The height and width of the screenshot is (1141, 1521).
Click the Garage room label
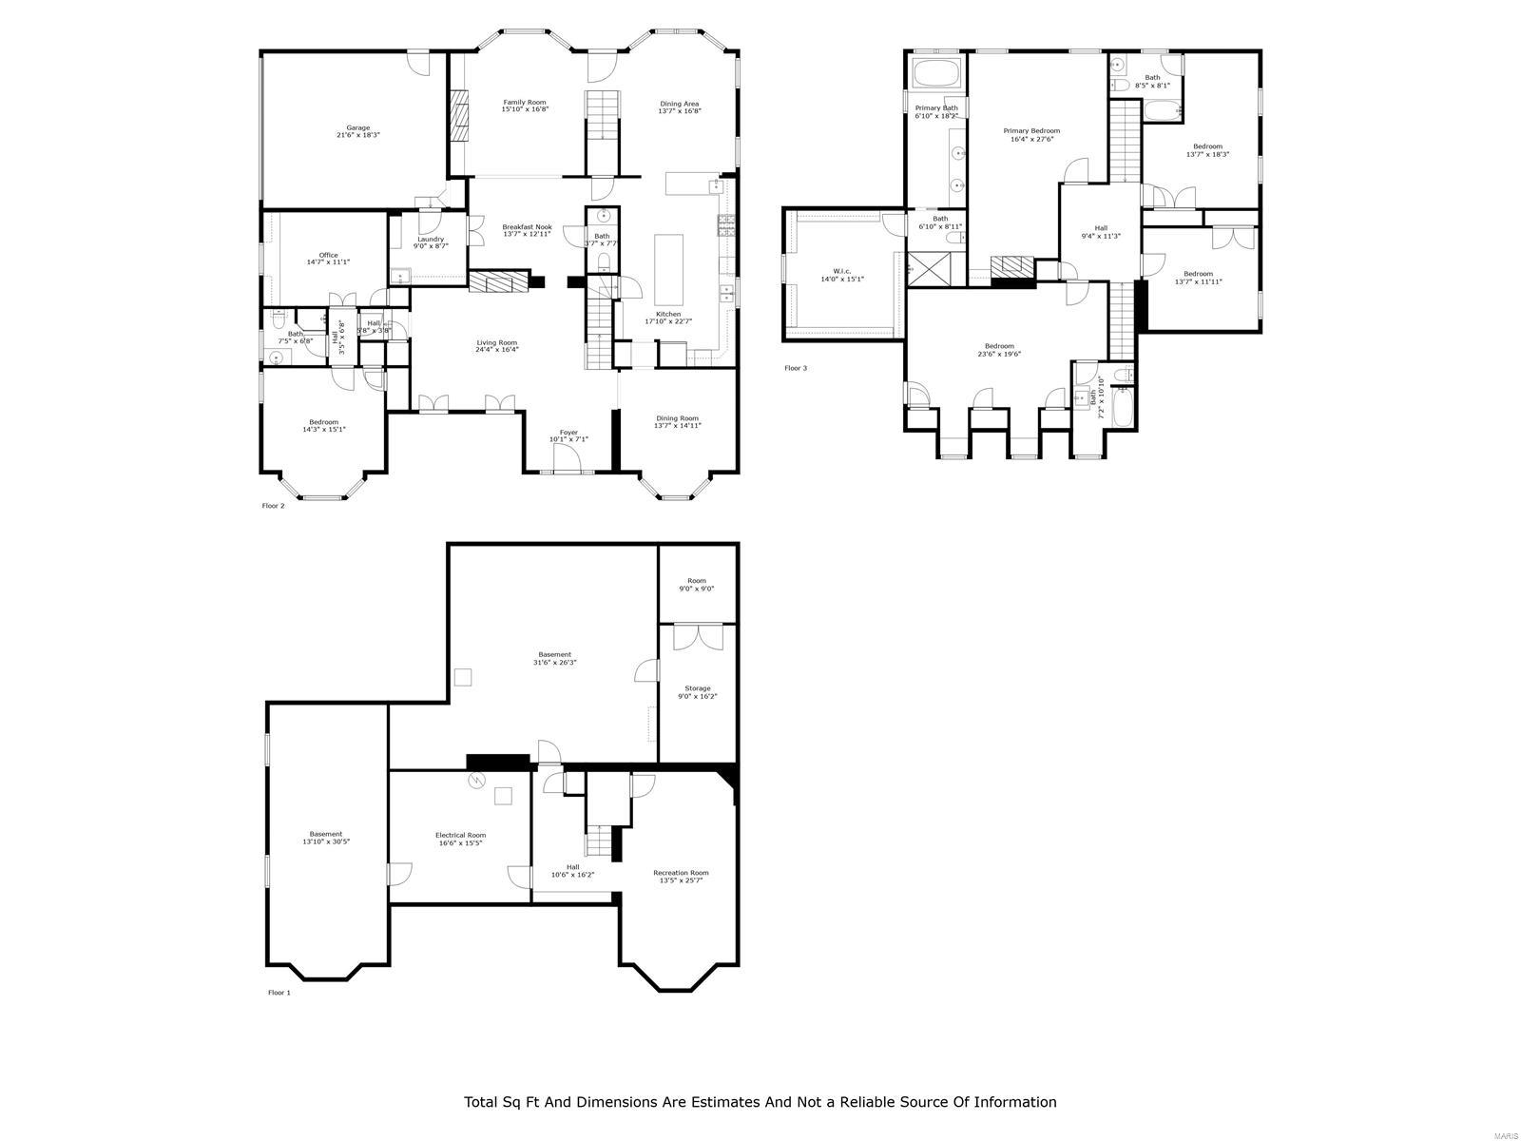357,127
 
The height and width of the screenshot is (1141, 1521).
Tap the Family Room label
525,102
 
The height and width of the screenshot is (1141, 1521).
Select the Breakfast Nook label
527,227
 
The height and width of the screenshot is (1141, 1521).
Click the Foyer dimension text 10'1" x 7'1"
568,439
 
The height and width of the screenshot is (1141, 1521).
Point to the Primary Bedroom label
1031,131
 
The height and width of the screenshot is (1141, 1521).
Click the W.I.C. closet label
841,271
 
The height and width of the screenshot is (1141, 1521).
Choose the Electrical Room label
460,835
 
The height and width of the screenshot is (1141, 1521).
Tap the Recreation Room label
681,873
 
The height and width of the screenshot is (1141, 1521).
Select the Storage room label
698,688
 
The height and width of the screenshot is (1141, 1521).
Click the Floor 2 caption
273,506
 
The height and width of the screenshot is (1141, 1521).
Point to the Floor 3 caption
796,368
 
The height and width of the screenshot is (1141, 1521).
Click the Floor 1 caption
279,993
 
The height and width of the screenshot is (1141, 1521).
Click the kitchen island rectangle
668,266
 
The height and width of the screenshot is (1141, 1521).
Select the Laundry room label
431,239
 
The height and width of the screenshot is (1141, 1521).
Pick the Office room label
328,255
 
